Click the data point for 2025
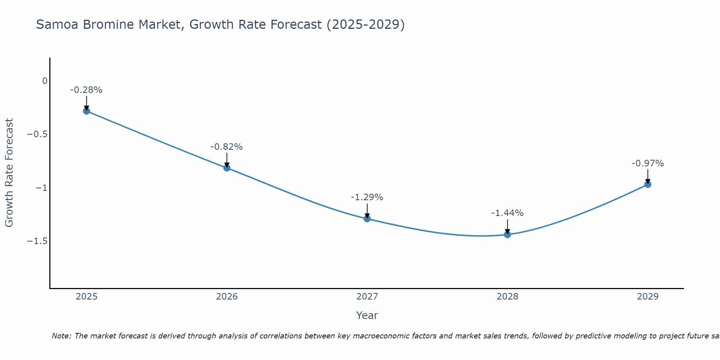tap(86, 111)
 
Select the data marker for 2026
tap(227, 168)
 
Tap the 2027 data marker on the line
tap(367, 219)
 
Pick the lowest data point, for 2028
tap(507, 234)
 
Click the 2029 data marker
tap(648, 184)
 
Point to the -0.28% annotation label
tap(86, 90)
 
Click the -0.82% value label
tap(226, 147)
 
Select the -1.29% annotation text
tap(367, 197)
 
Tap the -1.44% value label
tap(507, 213)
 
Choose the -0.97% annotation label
tap(648, 163)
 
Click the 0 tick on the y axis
tap(45, 81)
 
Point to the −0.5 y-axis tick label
tap(37, 134)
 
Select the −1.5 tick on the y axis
tap(37, 241)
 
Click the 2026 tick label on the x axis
tap(227, 297)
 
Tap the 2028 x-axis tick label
tap(507, 297)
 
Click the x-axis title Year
tap(367, 315)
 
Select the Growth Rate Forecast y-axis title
tap(9, 173)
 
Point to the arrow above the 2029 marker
tap(648, 177)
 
